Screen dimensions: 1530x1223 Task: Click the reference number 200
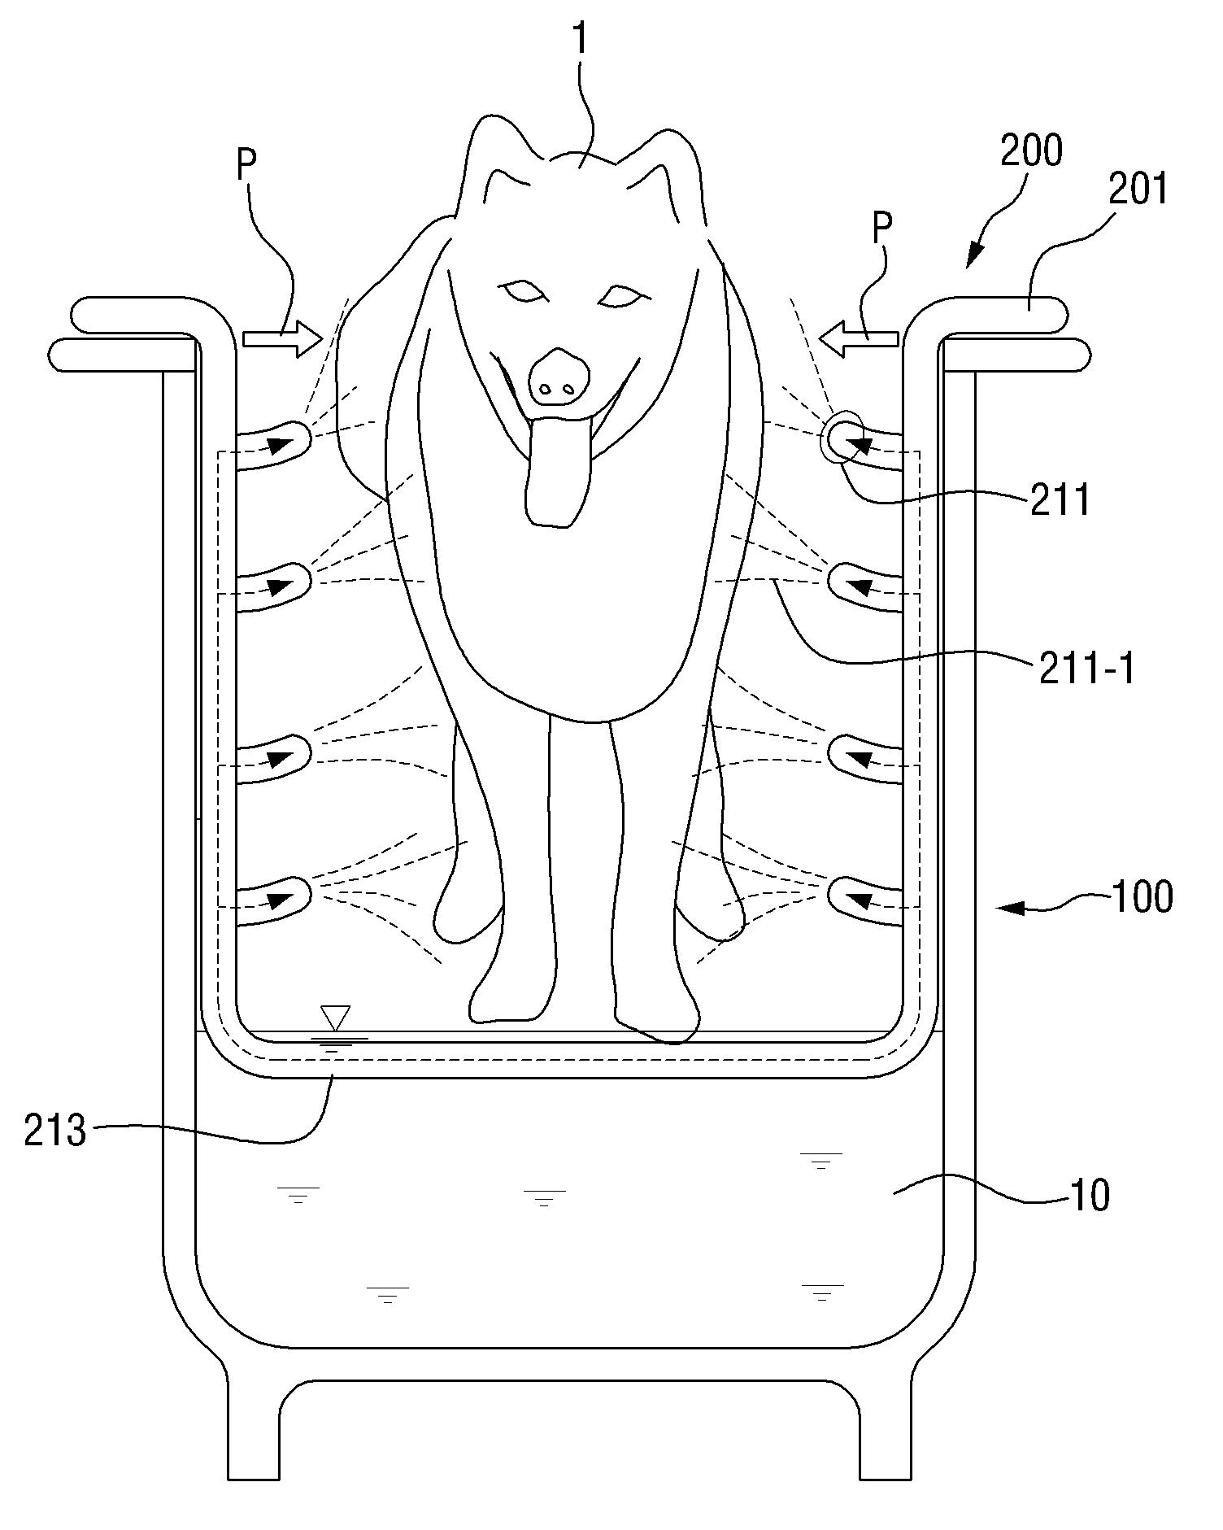tap(1031, 151)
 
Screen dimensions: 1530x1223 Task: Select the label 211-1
tap(1086, 669)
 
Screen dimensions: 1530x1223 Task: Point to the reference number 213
tap(54, 1131)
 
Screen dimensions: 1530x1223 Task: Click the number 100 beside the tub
tap(1142, 898)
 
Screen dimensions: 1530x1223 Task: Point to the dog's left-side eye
tap(520, 290)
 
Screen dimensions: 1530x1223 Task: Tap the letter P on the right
tap(881, 229)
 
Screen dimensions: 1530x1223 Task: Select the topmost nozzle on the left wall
tap(281, 443)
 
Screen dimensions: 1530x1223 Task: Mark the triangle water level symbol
tap(335, 1017)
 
